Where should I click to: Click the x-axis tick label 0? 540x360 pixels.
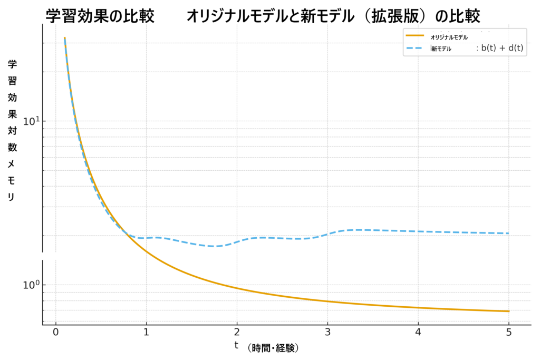tap(55, 332)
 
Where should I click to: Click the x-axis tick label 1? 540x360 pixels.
tap(146, 332)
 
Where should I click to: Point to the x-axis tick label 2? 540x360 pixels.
tap(237, 332)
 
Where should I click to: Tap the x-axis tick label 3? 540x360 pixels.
tap(327, 332)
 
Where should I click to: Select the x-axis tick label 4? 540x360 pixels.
tap(418, 332)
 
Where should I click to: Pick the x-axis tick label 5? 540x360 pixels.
tap(509, 332)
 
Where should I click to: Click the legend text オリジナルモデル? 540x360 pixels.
tap(449, 37)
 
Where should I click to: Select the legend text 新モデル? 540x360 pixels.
tap(441, 49)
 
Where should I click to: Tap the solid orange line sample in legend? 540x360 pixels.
tap(415, 36)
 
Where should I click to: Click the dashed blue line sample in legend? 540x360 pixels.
tap(415, 48)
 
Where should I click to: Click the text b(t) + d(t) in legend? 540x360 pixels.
tap(502, 48)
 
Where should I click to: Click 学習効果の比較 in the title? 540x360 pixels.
tap(100, 16)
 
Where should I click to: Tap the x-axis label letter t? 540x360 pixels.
tap(236, 346)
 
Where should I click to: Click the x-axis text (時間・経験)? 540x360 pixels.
tap(273, 348)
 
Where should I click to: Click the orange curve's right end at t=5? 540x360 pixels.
tap(509, 311)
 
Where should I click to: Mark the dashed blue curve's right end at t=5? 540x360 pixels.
tap(509, 233)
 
